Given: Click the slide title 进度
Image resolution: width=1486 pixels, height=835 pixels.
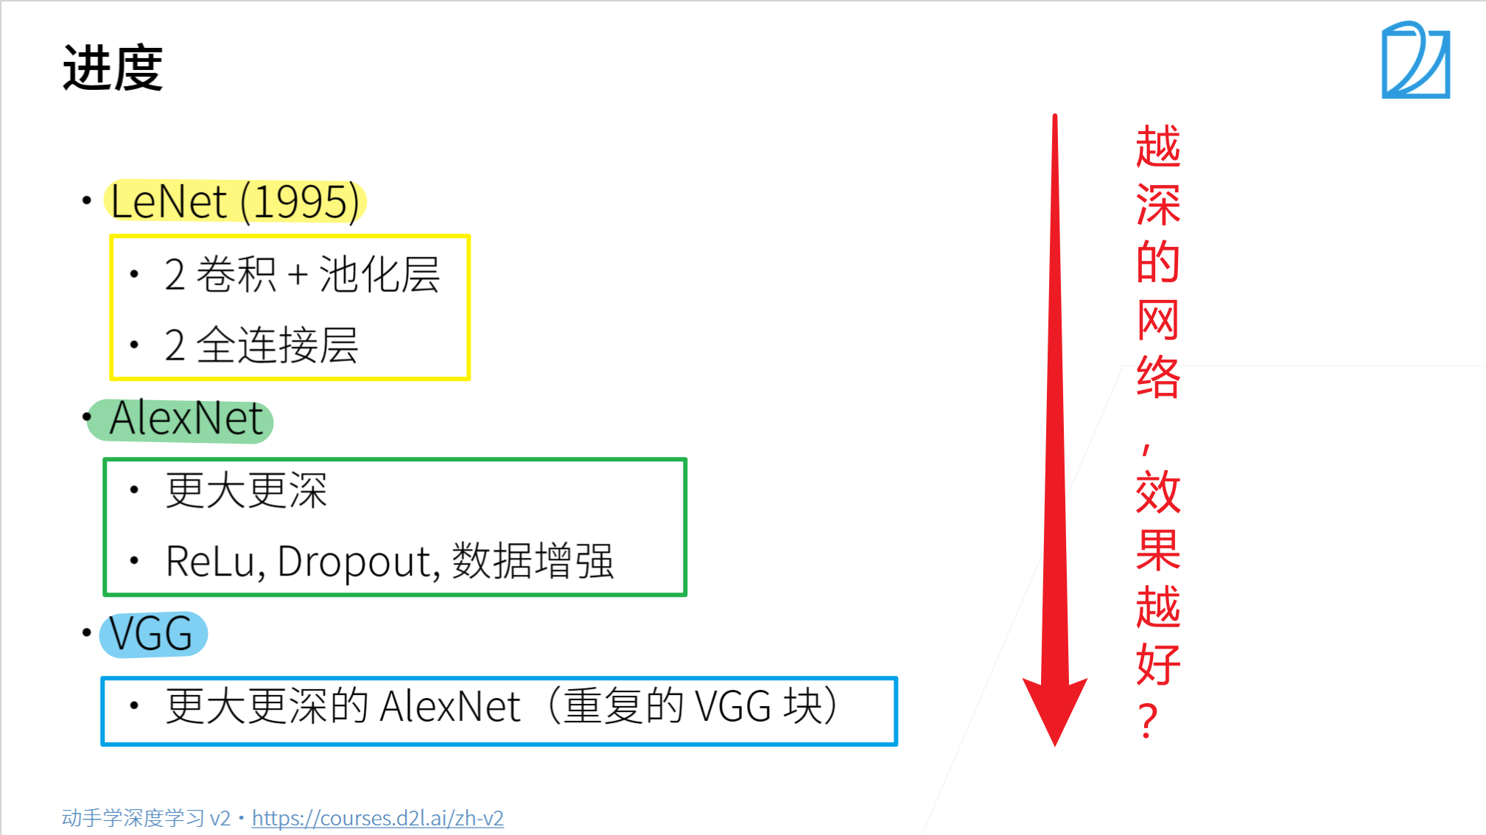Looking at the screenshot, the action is coord(113,69).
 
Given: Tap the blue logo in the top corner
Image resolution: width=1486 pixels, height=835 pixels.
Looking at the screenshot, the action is coord(1415,60).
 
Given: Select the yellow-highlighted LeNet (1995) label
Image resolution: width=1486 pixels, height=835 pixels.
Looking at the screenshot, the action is coord(235,201).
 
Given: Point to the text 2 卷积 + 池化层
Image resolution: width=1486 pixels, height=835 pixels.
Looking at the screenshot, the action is coord(301,275).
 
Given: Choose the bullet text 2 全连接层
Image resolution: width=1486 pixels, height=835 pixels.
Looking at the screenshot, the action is coord(261,345).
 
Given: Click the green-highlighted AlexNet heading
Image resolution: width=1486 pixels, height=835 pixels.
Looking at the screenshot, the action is coord(186,419).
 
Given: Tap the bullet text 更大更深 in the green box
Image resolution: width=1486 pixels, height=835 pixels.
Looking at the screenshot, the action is coord(246,490).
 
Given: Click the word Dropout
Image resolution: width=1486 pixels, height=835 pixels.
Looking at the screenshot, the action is coord(358,562).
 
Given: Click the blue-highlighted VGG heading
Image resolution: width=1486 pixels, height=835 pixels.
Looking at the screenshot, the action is coord(152,634).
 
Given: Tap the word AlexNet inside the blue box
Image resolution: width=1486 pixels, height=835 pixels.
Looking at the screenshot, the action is coord(450,706).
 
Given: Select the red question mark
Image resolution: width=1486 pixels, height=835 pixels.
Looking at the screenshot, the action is coord(1147,721).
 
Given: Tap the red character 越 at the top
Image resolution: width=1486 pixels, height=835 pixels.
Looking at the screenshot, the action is coord(1157,147).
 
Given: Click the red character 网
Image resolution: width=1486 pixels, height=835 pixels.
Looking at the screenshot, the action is coord(1157,320).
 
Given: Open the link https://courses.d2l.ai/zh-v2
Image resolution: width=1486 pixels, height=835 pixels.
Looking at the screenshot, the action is coord(377,818).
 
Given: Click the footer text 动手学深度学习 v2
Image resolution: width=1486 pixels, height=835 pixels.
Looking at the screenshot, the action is coord(146,818).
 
